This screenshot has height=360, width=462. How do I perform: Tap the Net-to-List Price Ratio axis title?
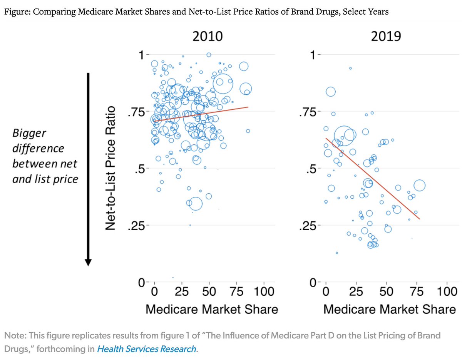[x=112, y=168]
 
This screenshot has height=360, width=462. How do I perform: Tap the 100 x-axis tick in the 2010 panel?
[x=264, y=291]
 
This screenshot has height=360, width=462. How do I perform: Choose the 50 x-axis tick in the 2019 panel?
[x=387, y=291]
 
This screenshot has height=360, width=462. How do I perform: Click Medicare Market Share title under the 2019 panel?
[x=389, y=309]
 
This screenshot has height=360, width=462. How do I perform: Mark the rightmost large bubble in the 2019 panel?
[x=419, y=186]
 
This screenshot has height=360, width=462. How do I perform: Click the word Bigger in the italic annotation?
[x=29, y=134]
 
